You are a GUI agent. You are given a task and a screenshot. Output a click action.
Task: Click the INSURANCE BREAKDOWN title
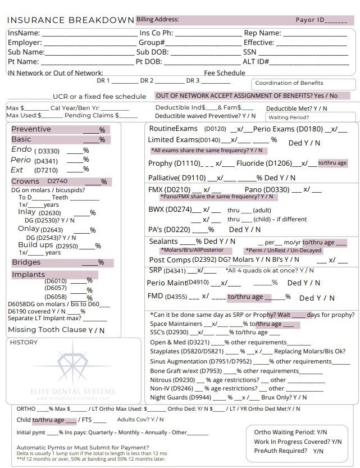70,20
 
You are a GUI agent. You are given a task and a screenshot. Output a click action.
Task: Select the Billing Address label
158,20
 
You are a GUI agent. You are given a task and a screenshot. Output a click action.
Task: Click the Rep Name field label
262,34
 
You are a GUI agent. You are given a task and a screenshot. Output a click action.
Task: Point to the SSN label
251,52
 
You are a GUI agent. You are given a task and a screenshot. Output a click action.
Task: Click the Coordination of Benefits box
289,83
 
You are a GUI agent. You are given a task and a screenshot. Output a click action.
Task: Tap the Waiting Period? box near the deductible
289,117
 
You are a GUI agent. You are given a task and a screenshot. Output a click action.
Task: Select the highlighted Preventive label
31,129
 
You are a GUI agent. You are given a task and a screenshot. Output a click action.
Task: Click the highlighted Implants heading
29,275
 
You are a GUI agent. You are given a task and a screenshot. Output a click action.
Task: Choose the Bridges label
26,262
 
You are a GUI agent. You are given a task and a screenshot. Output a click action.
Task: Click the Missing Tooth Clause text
47,330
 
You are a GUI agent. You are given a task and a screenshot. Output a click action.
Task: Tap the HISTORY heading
24,342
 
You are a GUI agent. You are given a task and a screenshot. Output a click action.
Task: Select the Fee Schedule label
224,73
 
